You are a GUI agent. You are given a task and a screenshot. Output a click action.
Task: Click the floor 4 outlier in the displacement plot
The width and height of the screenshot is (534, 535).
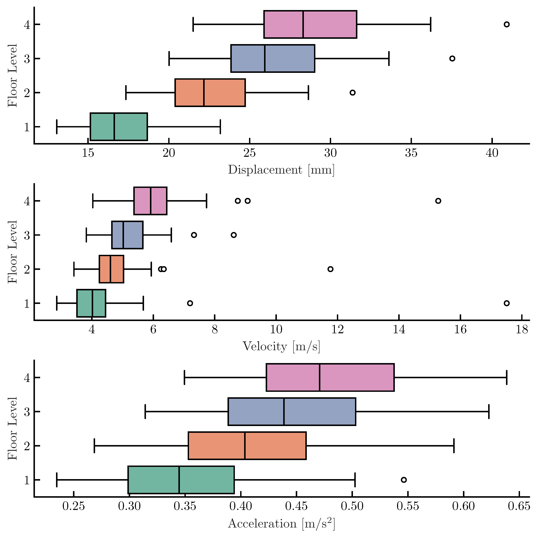click(x=506, y=24)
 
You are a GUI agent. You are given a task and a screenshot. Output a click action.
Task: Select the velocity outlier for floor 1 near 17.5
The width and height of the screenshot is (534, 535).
click(x=506, y=303)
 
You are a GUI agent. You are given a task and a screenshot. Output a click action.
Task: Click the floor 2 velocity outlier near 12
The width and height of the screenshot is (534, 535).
click(x=330, y=269)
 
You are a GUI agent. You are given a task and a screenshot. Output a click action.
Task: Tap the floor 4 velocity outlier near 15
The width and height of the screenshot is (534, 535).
click(x=438, y=201)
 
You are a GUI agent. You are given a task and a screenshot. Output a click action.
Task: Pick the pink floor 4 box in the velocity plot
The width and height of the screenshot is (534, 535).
click(x=158, y=201)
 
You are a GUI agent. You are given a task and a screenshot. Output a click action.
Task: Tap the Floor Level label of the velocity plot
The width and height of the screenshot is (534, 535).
click(x=12, y=252)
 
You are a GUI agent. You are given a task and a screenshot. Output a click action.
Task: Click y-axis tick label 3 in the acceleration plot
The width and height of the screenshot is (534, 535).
click(x=27, y=412)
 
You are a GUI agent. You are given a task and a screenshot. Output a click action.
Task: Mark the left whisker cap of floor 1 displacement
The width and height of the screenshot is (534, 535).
click(x=57, y=127)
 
